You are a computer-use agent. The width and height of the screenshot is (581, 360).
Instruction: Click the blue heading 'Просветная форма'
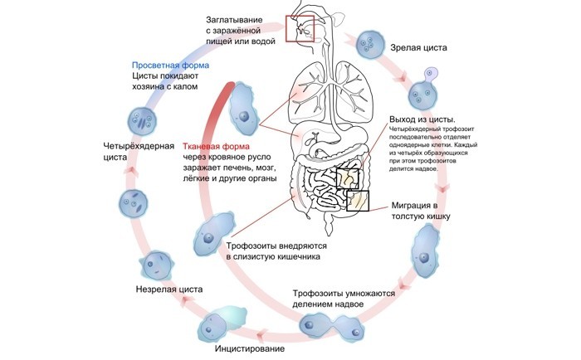171,65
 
